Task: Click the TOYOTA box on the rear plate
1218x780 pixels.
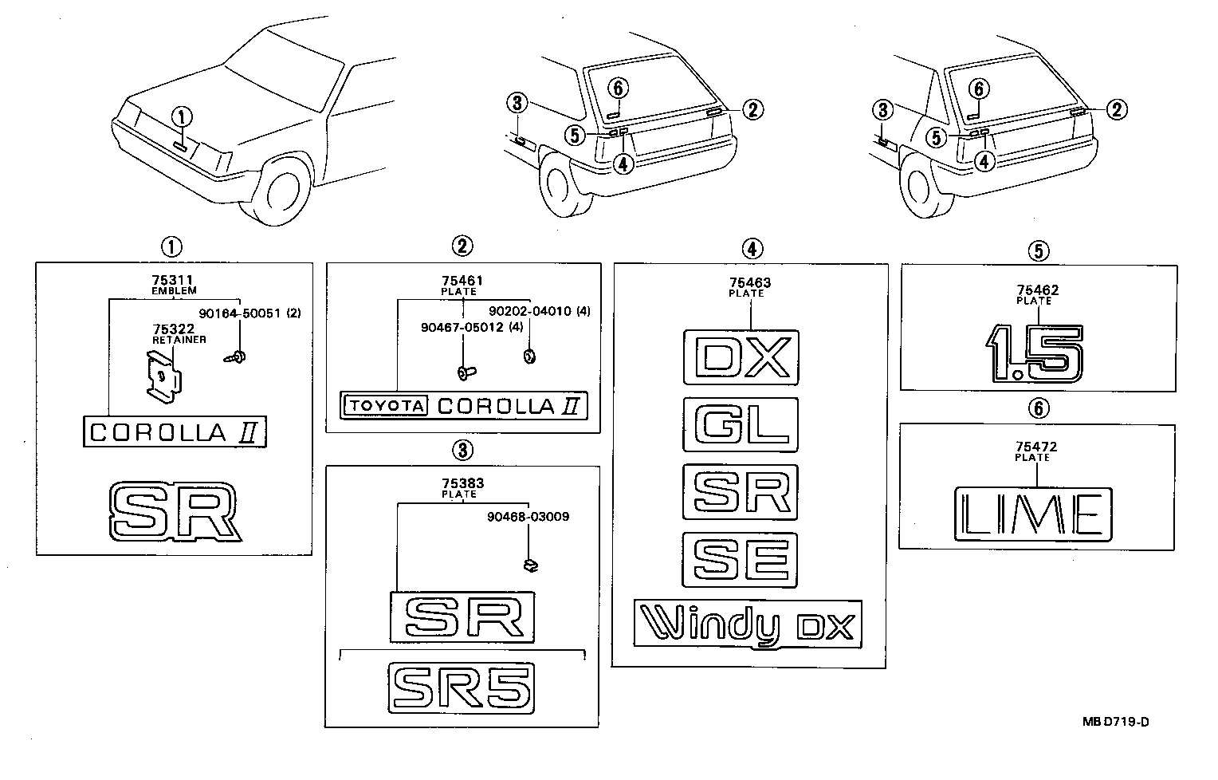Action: click(x=385, y=406)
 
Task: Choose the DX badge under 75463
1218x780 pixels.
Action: click(x=741, y=357)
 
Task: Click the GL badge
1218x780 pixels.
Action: click(x=741, y=424)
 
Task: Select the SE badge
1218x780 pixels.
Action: click(x=741, y=559)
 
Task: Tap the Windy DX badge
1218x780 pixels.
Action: click(x=748, y=624)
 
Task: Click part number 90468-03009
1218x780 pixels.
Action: click(x=528, y=517)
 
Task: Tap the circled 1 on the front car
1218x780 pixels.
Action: click(x=183, y=117)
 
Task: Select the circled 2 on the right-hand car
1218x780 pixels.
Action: click(x=1118, y=109)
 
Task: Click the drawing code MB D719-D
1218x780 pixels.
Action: click(x=1116, y=723)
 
